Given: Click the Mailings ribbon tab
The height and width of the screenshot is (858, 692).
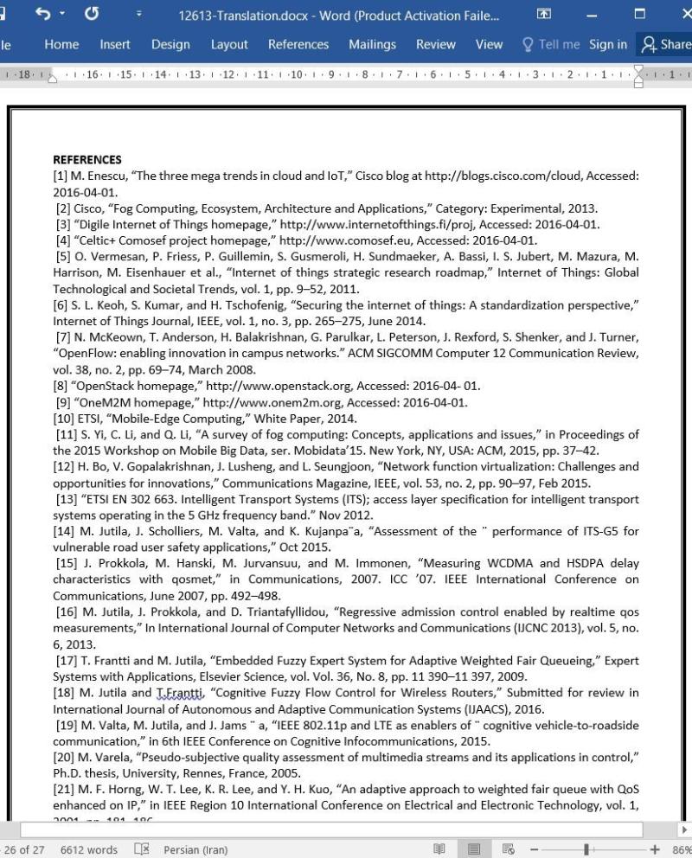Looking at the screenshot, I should (372, 45).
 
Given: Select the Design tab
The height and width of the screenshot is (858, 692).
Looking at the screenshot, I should (170, 45).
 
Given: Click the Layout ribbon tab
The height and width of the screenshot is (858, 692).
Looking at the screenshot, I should (229, 45).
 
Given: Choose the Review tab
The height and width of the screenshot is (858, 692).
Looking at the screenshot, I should (435, 45).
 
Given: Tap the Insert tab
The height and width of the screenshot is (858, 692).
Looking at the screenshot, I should (115, 45).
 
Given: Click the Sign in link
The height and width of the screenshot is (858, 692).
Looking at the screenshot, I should (608, 45).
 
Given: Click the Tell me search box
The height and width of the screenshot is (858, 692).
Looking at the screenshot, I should (551, 45).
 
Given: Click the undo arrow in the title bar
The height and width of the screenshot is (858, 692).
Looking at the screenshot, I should (43, 15).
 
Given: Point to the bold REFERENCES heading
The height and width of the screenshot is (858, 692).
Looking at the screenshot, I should (87, 159).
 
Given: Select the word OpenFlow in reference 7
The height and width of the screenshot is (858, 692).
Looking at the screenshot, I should (82, 353).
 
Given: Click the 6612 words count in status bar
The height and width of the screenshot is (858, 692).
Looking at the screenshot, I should (89, 849).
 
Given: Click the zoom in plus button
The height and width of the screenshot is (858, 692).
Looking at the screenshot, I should (655, 849).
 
